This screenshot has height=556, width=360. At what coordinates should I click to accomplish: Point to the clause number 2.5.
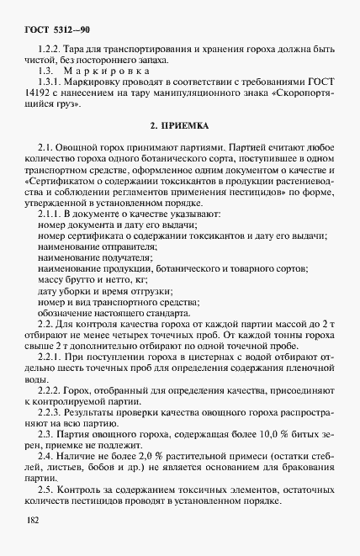point(47,489)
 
